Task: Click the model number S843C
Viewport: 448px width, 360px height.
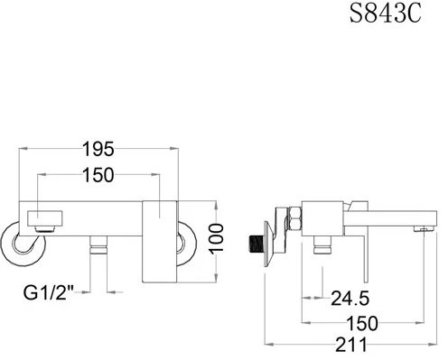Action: pos(385,14)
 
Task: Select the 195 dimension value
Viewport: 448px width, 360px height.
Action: pos(98,149)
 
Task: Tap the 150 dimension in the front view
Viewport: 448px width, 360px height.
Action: pos(98,175)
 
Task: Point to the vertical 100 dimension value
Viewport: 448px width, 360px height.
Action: pos(217,239)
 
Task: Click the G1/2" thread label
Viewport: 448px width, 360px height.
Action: pos(49,292)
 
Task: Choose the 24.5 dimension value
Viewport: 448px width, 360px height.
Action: pos(350,298)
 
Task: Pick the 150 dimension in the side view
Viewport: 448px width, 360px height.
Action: pos(362,323)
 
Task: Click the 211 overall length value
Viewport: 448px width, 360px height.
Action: pos(351,345)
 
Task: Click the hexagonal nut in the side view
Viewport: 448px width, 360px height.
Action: pos(294,219)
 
